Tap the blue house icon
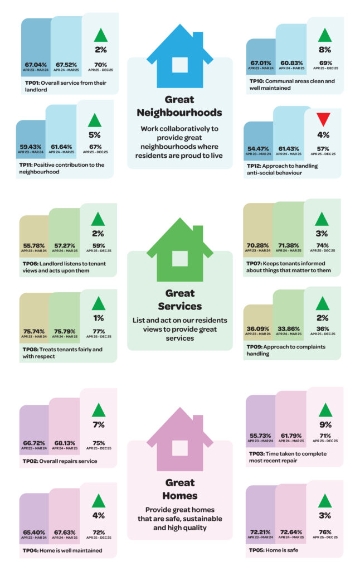point(179,56)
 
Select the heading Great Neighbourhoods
point(179,106)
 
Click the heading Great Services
point(179,299)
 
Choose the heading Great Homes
point(179,488)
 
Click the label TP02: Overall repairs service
point(60,461)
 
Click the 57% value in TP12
point(324,148)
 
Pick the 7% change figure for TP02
point(99,425)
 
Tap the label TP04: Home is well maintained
point(62,550)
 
